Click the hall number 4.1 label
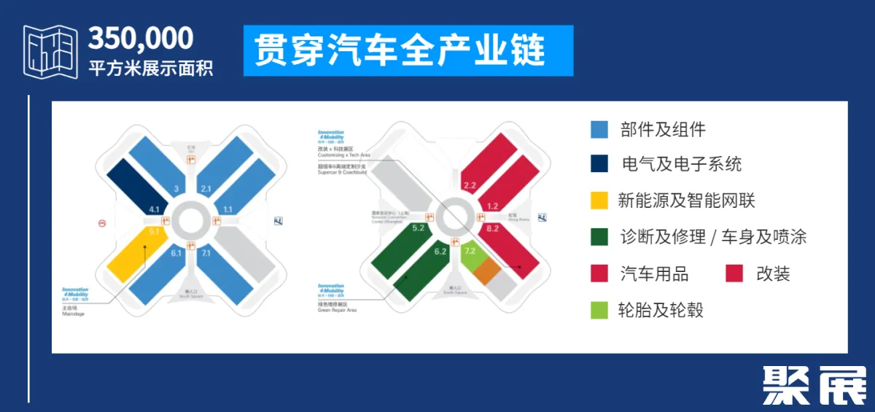(154, 210)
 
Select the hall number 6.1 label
(176, 253)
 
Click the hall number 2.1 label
(206, 189)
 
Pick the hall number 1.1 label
(227, 210)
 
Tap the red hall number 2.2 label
(470, 186)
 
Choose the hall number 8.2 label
(493, 229)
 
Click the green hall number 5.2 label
(419, 228)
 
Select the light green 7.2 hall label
(470, 251)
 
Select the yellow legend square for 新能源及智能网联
(599, 201)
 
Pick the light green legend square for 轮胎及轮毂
(599, 310)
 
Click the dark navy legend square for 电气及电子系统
(599, 164)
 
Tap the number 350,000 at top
(141, 38)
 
